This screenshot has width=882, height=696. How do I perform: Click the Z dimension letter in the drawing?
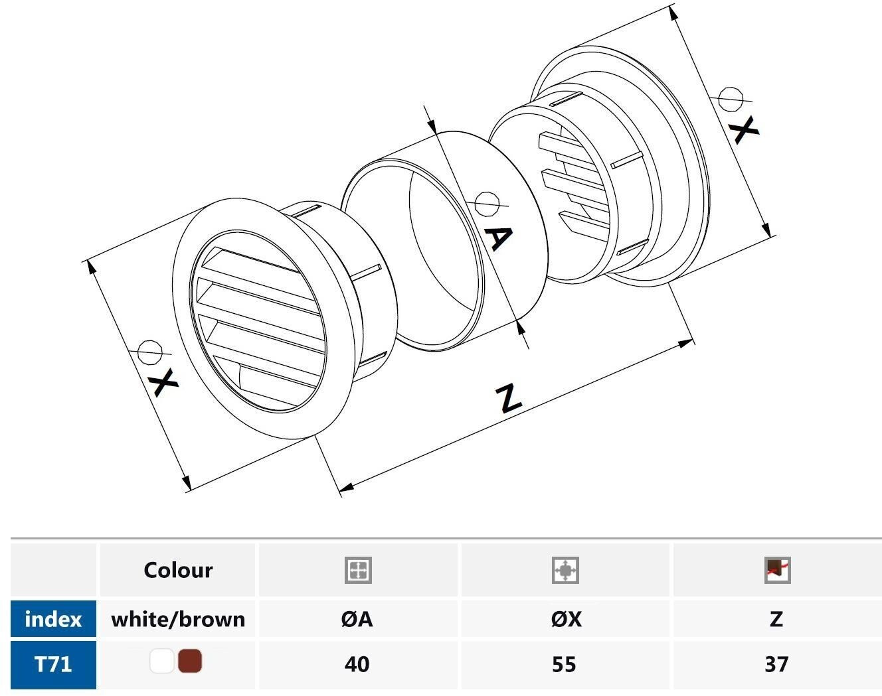coord(509,397)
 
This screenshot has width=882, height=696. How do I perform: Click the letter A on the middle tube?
coord(499,238)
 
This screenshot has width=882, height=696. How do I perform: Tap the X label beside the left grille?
coord(164,382)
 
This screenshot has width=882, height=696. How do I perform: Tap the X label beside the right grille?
coord(744,130)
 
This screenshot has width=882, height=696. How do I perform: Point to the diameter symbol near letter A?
coord(487,204)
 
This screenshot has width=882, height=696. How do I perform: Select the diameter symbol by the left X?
coord(149,352)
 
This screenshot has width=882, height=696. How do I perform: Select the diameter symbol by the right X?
coord(731,99)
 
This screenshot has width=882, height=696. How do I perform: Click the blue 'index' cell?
coord(53,618)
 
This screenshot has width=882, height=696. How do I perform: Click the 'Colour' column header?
coord(178,570)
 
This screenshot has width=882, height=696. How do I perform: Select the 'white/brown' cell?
coord(178,618)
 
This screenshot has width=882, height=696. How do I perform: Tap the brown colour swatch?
coord(190,661)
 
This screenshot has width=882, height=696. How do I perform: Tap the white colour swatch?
coord(162,661)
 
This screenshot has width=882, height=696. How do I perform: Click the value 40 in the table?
coord(357,664)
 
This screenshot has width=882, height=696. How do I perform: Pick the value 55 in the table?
coord(564,664)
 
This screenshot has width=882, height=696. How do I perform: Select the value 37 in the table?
coord(776,664)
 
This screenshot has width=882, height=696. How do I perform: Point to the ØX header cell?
coord(566,618)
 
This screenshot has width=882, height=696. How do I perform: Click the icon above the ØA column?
coord(358,570)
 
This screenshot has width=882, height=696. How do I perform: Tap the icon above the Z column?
coord(778,570)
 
